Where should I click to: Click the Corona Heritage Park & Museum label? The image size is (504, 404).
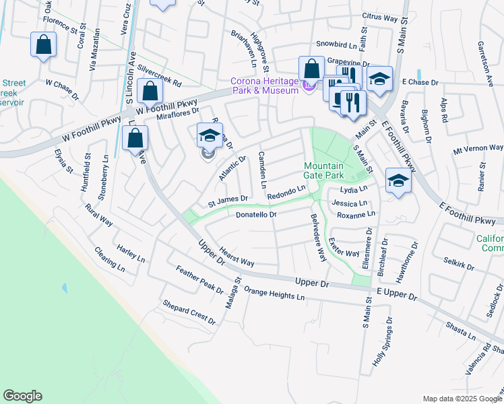click(x=264, y=86)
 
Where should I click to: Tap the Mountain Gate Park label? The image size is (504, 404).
click(x=323, y=170)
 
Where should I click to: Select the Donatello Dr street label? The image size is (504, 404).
click(x=257, y=215)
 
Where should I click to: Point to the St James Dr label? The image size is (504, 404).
click(x=228, y=199)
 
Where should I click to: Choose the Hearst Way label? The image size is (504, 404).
click(x=237, y=256)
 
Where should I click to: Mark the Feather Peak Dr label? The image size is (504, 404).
click(x=199, y=280)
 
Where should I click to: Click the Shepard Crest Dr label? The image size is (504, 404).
click(x=189, y=312)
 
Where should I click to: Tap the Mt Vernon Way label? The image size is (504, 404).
click(x=478, y=147)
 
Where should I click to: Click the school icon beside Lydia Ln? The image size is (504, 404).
click(x=398, y=180)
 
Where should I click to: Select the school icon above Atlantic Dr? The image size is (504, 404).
click(x=209, y=135)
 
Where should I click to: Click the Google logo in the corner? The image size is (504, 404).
click(x=22, y=396)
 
